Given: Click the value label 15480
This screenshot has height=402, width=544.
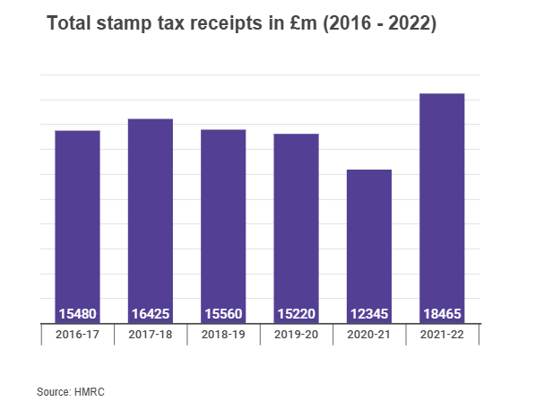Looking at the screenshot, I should coord(78,314).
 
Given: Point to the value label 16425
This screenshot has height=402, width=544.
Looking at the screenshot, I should coord(151,314).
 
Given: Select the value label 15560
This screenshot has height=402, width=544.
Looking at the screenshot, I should coord(223,314).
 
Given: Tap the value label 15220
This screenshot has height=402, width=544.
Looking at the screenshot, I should coord(297,314).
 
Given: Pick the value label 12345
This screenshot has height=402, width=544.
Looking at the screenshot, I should coord(369,314).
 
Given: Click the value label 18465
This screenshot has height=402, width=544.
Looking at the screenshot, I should coord(442,314).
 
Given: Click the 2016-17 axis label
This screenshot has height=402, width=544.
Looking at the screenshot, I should coord(78,334).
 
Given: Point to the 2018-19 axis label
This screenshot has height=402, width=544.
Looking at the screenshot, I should coord(223,334).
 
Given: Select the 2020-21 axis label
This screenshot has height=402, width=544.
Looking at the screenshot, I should coord(369,334).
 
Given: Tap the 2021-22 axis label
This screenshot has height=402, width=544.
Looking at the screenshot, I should coord(442,334).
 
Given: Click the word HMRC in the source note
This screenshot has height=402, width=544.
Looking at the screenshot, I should coord(91,391).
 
